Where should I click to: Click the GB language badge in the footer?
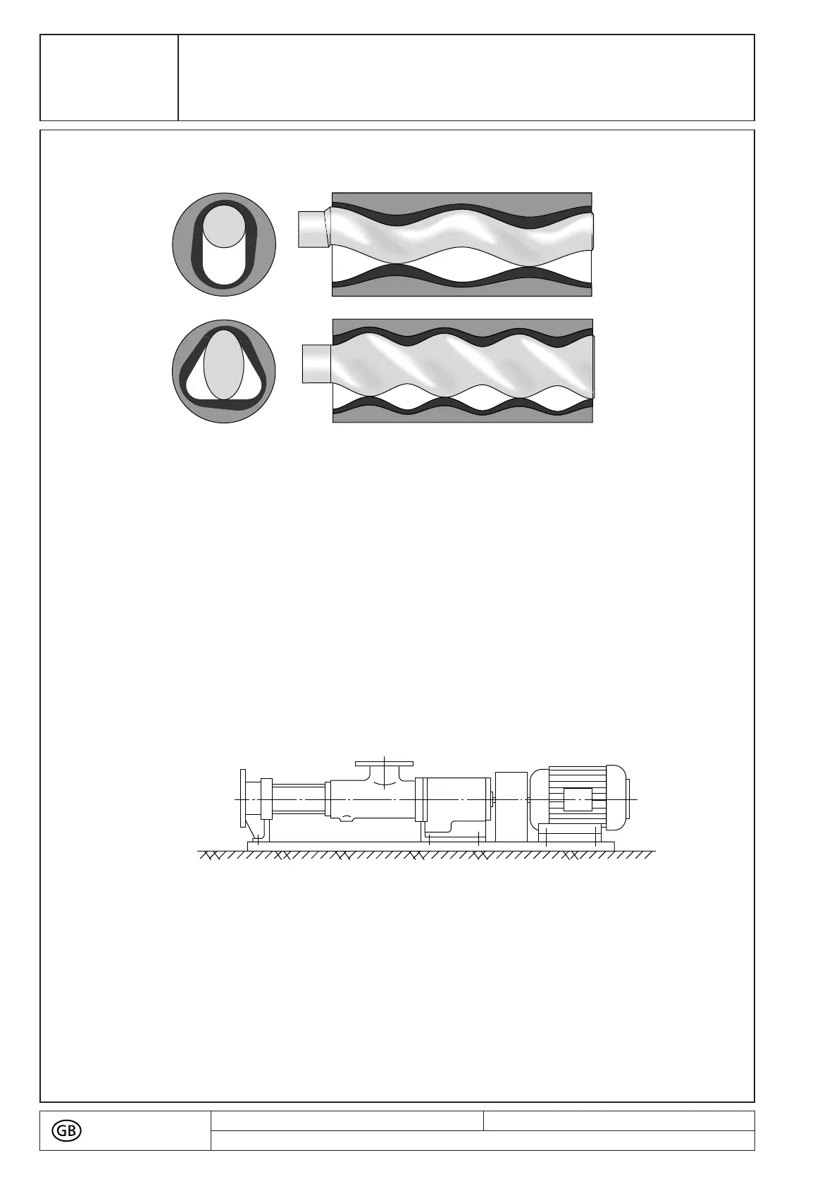[x=66, y=1131]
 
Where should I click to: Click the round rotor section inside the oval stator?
[x=224, y=226]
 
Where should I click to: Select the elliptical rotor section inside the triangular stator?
[x=224, y=365]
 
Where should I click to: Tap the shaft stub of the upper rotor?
[x=314, y=230]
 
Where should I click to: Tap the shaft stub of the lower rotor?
[x=317, y=363]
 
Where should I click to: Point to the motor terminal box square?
[x=578, y=799]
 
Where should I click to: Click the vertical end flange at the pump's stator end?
[x=243, y=797]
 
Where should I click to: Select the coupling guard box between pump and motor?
[x=511, y=806]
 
